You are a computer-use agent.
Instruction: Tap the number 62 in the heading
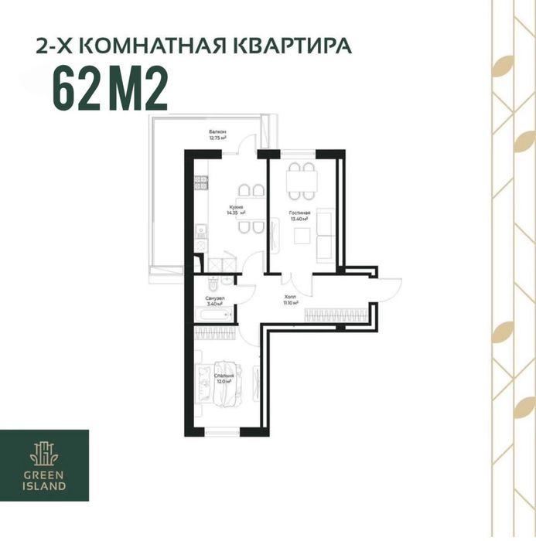click(x=77, y=90)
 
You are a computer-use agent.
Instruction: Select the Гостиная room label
click(x=299, y=215)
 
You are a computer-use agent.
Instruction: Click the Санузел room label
click(x=214, y=301)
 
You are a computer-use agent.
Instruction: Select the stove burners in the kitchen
click(x=200, y=182)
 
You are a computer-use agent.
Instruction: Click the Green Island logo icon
click(x=44, y=453)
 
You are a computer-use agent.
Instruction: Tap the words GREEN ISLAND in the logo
click(x=44, y=481)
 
